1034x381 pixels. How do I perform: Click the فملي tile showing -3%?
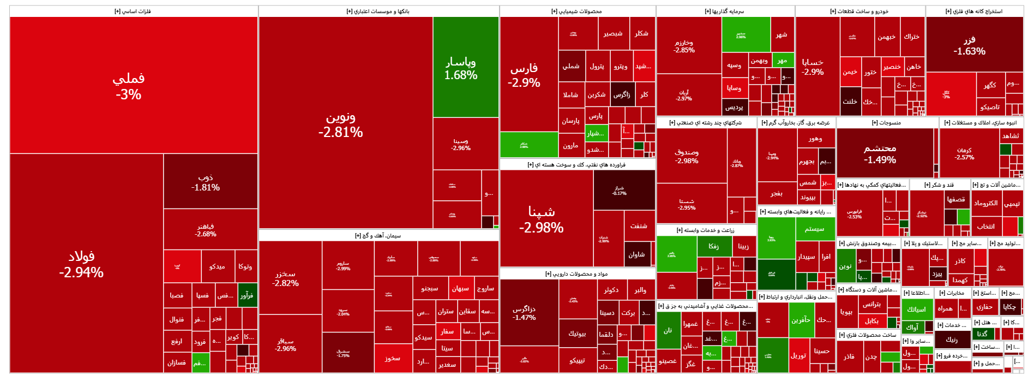point(129,86)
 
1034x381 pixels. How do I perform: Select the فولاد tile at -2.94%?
point(81,264)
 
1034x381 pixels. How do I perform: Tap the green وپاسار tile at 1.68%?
point(461,68)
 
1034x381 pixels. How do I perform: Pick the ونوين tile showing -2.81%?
point(341,124)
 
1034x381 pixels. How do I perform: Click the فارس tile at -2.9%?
point(524,75)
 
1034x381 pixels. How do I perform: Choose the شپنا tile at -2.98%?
point(541,219)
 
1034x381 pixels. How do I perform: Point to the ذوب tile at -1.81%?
point(206,182)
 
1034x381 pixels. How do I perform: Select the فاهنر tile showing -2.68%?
point(206,230)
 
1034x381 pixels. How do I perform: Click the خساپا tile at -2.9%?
point(813,67)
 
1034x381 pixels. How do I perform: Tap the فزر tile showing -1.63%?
point(969,45)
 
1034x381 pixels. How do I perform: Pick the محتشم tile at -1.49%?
point(880,153)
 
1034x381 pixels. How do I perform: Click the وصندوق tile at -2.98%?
point(686,156)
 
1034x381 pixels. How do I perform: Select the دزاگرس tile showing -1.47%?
point(524,313)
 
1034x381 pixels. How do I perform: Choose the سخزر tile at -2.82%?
point(286,278)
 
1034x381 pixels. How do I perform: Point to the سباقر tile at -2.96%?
point(286,344)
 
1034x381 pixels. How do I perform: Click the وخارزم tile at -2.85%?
point(684,46)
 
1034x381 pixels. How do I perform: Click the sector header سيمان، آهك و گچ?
point(378,236)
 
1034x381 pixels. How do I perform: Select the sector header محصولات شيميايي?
point(576,11)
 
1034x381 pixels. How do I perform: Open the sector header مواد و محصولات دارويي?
point(576,274)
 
